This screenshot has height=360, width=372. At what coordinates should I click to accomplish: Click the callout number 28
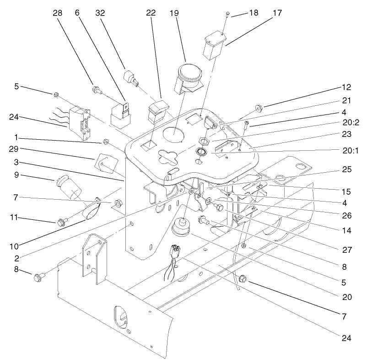coord(57,13)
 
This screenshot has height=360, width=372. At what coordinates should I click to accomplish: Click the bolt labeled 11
coord(61,222)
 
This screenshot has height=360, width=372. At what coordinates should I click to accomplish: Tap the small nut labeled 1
coord(105,141)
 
